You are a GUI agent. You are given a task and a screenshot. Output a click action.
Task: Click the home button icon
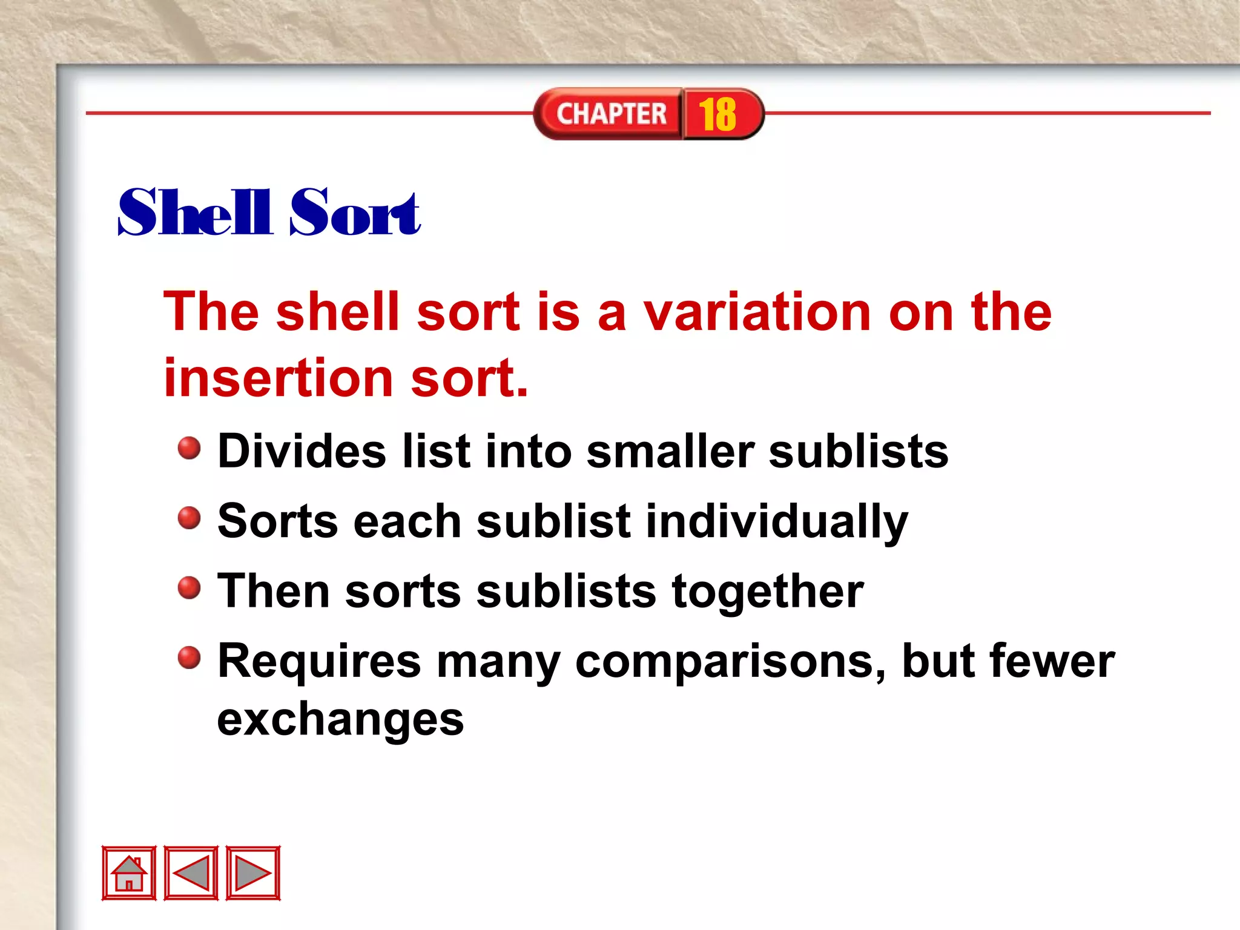[x=129, y=872]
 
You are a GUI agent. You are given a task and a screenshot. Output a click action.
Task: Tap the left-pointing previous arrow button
[x=191, y=872]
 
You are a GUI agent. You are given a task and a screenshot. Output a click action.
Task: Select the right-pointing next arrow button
[x=253, y=872]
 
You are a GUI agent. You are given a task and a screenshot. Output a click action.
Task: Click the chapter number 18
[x=718, y=114]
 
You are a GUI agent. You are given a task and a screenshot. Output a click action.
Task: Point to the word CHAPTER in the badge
[x=611, y=114]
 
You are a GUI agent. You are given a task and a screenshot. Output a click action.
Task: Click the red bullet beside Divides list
[x=189, y=448]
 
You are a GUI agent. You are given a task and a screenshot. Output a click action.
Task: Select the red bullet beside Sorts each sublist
[x=189, y=518]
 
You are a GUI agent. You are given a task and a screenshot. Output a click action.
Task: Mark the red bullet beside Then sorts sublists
[x=189, y=587]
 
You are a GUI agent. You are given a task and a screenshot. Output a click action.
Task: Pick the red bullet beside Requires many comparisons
[x=189, y=657]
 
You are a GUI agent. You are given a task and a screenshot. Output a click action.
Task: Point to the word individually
[x=777, y=521]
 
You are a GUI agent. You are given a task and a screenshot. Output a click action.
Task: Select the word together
[x=768, y=591]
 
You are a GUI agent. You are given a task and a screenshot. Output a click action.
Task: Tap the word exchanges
[x=340, y=720]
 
